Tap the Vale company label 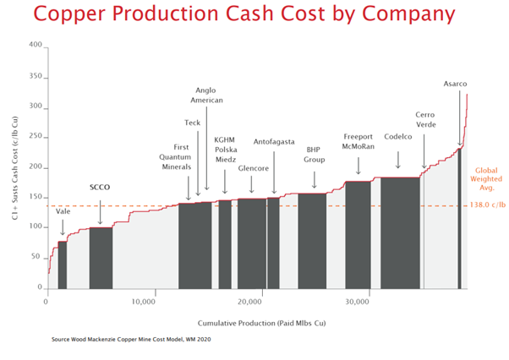(x=63, y=211)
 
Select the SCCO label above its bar (x=101, y=187)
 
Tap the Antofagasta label (x=275, y=144)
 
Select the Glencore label (x=253, y=168)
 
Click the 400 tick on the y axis (x=35, y=45)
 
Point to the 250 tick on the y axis (x=35, y=136)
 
